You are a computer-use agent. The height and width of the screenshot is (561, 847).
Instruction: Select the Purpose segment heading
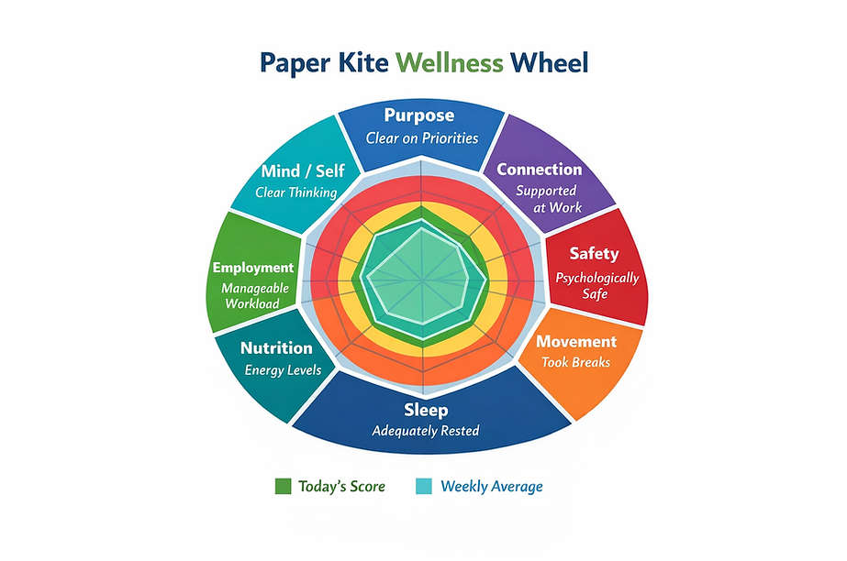point(419,115)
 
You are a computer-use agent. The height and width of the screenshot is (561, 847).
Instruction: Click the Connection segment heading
point(539,170)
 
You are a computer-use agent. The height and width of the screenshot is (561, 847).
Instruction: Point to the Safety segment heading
point(594,254)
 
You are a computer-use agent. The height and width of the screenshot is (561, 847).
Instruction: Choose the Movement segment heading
point(576,342)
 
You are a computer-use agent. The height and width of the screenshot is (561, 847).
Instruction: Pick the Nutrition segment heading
point(276,348)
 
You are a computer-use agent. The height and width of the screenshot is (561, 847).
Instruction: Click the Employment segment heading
point(253,268)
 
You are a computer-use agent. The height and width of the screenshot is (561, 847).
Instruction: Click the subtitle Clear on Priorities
point(422,138)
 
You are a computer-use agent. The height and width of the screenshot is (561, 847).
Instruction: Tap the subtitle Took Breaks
point(575,362)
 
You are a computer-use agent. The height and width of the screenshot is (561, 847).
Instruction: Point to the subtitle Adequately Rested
point(425,430)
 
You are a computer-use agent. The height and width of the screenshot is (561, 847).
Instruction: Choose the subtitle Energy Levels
point(283,370)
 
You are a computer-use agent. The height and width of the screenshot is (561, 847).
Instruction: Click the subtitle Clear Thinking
point(296,192)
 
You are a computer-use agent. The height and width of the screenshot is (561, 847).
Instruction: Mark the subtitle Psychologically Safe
point(597,285)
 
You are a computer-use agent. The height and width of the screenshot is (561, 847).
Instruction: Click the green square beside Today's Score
point(284,486)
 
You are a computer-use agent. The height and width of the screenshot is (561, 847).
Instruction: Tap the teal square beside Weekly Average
point(425,486)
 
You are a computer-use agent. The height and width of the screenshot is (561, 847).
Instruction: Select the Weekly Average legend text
point(492,486)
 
